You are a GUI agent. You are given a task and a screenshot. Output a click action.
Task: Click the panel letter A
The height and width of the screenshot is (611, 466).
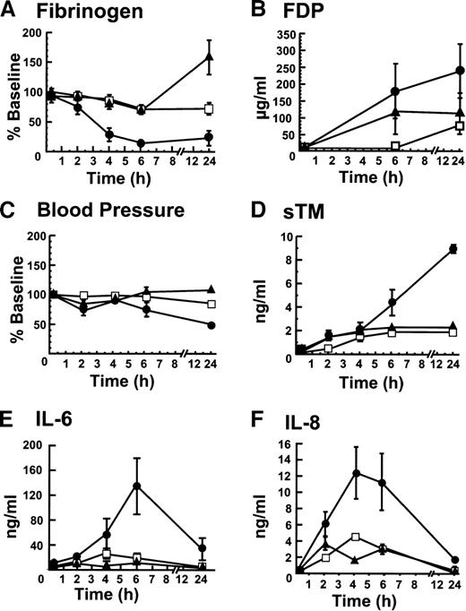point(10,12)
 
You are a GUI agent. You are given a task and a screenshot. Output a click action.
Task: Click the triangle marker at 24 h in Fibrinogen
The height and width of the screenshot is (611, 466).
point(209,57)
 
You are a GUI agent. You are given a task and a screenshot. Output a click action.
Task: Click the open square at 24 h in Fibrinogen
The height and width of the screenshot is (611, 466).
point(209,108)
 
